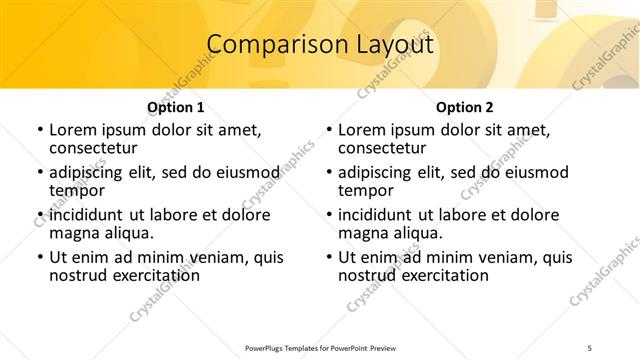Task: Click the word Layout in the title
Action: [395, 46]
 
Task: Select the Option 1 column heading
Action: [176, 107]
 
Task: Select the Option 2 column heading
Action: [465, 107]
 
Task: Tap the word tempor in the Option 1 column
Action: [76, 191]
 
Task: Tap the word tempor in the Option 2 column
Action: [365, 191]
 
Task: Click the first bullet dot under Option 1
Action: [39, 131]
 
